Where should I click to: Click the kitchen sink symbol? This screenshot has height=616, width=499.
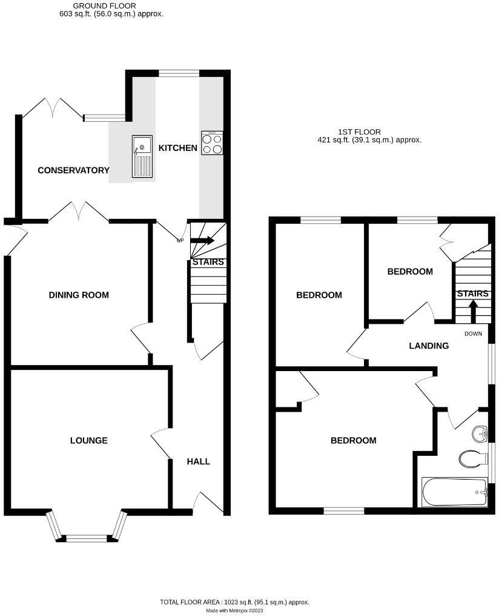pos(142,156)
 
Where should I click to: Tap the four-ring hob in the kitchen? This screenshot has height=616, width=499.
pos(212,142)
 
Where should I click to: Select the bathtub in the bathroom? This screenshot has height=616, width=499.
pos(455,492)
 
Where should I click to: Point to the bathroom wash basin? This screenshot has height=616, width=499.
pos(480,434)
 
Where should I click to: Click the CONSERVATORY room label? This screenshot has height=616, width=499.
pos(73,170)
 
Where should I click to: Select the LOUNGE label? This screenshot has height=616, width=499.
pos(88,441)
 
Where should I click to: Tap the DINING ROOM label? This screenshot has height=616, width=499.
pos(79,295)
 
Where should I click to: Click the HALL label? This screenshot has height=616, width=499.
pos(198,461)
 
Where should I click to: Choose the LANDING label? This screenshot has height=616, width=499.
pos(429,346)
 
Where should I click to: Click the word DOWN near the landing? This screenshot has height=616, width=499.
pos(473,334)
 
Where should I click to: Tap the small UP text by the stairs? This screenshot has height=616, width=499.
pos(180,241)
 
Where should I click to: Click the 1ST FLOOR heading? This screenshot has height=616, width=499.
pos(360,132)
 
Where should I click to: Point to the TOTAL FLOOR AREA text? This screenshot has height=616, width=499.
pos(234,602)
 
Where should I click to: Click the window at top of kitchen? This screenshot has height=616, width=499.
pos(179,73)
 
